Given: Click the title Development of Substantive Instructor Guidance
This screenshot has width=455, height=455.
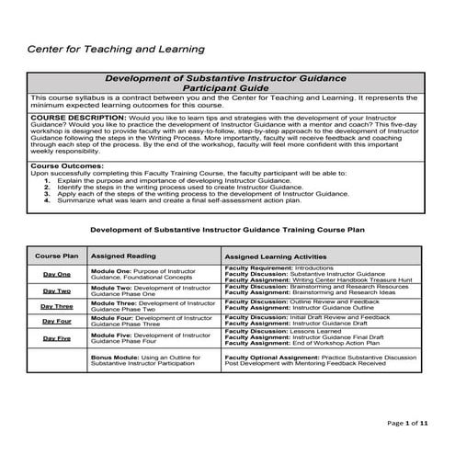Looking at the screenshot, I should coord(227,79).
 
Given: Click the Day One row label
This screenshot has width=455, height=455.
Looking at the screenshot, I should coord(56,274).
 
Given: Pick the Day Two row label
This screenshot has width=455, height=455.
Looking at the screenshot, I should coord(56,290).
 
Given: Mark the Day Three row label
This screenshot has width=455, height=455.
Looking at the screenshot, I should coord(56,306).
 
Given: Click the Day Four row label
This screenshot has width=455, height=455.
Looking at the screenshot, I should coord(56,322).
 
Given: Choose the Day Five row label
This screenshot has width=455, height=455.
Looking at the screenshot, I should coord(56,337).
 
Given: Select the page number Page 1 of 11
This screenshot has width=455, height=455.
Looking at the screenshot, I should coord(410,424).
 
